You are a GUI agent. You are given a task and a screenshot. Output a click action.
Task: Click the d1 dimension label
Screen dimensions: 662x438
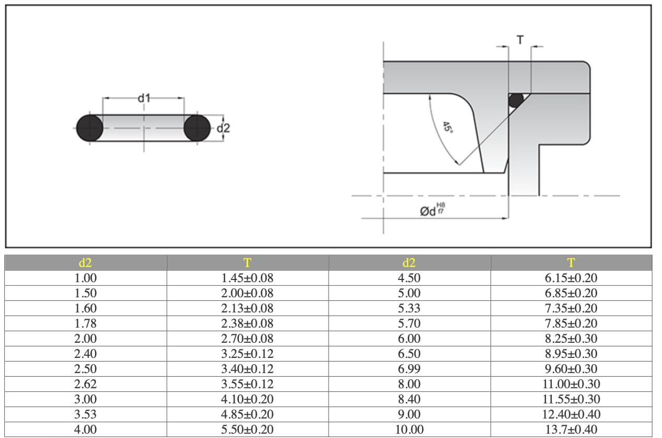pos(144,98)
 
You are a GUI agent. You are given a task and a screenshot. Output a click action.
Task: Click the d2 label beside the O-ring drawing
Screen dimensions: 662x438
pos(223,128)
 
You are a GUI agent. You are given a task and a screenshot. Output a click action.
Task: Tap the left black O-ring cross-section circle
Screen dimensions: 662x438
pos(89,128)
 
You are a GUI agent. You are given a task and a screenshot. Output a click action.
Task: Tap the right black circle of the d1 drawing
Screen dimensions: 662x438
pos(197,128)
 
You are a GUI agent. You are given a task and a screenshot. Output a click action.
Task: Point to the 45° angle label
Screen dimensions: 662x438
pos(447,128)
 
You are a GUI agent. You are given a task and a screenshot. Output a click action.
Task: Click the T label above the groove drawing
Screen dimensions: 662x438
pos(520,40)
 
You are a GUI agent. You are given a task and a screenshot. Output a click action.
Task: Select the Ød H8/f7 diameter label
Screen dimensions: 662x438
pos(433,210)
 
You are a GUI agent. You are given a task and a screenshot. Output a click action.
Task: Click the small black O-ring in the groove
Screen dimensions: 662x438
pos(516,100)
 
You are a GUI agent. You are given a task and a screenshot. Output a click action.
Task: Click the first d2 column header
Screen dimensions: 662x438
pos(85,263)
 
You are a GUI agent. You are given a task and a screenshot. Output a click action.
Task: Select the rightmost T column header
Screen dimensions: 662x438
pos(571,263)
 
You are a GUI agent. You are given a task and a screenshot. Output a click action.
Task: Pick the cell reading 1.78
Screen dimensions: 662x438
pos(85,323)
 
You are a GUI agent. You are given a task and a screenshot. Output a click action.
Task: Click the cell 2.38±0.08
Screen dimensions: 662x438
pos(247,323)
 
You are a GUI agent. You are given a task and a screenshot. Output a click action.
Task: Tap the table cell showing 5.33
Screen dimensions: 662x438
pos(409,308)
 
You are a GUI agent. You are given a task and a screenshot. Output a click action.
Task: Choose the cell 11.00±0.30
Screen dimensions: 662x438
pos(571,384)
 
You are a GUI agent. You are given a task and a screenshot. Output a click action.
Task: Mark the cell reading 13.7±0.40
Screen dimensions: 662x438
pos(571,430)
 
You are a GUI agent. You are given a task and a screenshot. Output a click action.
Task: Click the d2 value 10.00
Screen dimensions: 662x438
pos(409,430)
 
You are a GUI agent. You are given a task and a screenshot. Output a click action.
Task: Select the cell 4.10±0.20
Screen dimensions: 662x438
pos(247,399)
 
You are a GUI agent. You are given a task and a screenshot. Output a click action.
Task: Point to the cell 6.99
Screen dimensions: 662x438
pos(409,369)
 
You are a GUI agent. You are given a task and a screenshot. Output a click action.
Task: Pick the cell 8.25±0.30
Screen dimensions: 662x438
pos(571,339)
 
